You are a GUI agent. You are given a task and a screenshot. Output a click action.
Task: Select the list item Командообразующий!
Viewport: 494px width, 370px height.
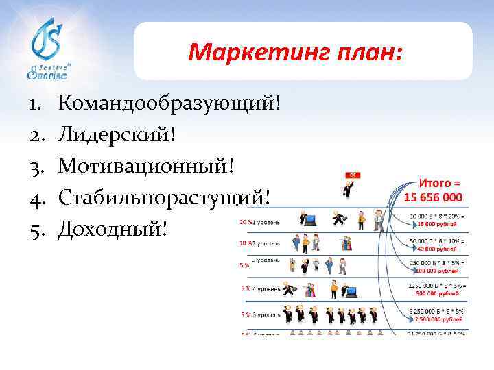[x=169, y=104]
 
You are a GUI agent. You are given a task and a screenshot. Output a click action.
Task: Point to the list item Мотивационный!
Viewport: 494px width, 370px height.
[x=150, y=166]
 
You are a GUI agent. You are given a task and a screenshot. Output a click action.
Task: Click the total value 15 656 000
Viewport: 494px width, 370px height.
[x=433, y=197]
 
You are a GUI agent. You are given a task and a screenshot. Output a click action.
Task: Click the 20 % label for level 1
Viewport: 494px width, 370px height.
[x=244, y=222]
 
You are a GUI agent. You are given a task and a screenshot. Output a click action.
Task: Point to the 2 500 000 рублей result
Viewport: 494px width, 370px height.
[x=437, y=320]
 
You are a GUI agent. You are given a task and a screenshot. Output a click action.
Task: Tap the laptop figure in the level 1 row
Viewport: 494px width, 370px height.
[x=308, y=220]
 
